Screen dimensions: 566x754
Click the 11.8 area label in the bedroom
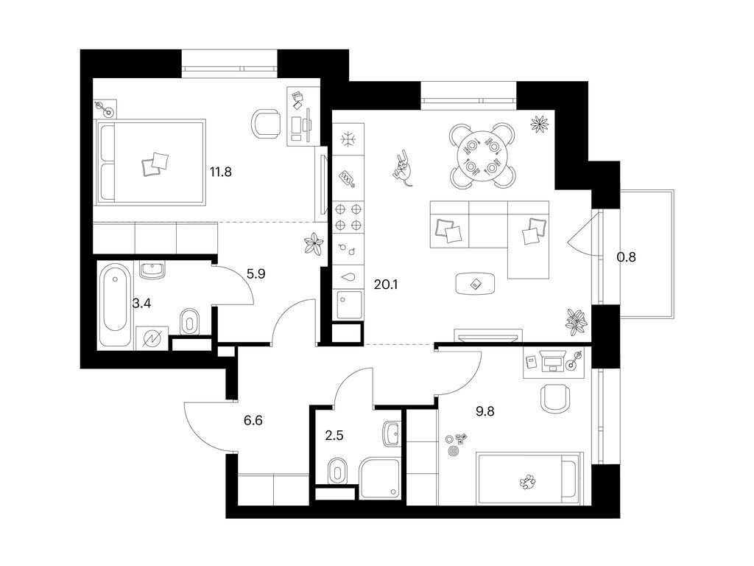[222, 172]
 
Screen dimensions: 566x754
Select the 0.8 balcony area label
[627, 257]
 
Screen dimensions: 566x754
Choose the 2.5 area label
[334, 435]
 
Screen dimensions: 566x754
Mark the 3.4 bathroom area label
[141, 303]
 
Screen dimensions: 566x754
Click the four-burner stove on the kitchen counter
[349, 217]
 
